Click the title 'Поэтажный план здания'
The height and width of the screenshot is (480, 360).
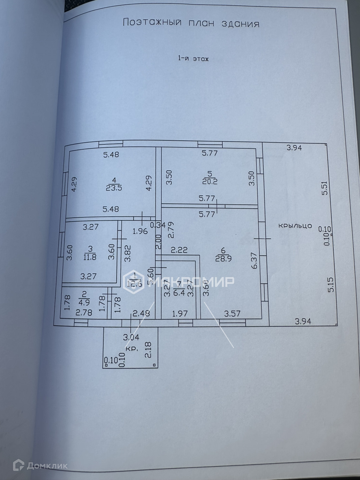pyautogui.click(x=191, y=23)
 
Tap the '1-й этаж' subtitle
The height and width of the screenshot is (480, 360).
pyautogui.click(x=193, y=59)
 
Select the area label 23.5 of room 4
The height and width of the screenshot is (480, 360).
pyautogui.click(x=114, y=188)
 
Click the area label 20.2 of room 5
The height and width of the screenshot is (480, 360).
pyautogui.click(x=210, y=181)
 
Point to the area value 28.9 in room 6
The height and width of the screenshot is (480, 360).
pyautogui.click(x=223, y=258)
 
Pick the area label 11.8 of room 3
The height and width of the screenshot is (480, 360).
pyautogui.click(x=90, y=257)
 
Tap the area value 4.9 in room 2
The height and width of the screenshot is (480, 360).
pyautogui.click(x=84, y=303)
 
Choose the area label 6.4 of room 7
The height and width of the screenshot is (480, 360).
pyautogui.click(x=179, y=293)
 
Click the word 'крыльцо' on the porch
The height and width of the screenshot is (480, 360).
pyautogui.click(x=295, y=226)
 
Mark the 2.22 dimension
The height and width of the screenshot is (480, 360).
pyautogui.click(x=179, y=250)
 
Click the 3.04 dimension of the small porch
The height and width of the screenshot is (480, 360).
pyautogui.click(x=131, y=337)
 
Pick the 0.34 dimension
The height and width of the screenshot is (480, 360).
pyautogui.click(x=158, y=225)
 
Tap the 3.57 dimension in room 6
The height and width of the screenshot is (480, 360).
pyautogui.click(x=232, y=314)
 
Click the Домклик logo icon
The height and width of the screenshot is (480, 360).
pyautogui.click(x=18, y=465)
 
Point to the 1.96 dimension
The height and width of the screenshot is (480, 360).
pyautogui.click(x=140, y=231)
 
